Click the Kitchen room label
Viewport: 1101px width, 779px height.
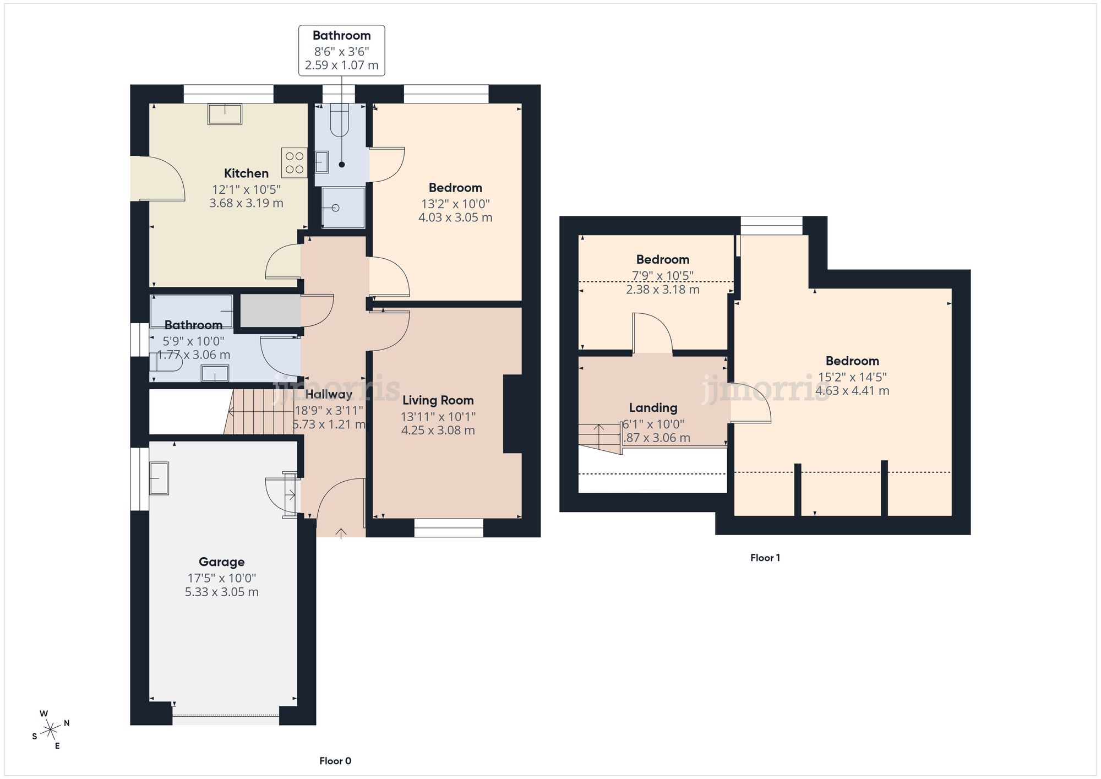point(246,173)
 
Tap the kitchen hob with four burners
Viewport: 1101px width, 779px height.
point(295,163)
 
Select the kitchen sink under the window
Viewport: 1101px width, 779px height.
point(225,114)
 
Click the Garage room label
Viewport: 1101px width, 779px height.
point(221,562)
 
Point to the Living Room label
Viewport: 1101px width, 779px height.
point(438,400)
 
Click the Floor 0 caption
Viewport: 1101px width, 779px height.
point(335,761)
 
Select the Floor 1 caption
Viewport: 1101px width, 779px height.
point(765,558)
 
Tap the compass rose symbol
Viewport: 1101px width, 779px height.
point(51,730)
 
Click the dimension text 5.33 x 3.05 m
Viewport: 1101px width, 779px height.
point(221,592)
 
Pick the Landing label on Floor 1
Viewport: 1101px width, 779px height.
point(653,408)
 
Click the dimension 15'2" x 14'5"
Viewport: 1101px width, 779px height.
point(852,377)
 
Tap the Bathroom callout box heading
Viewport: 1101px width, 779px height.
point(341,36)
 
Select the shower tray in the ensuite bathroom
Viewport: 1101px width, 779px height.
point(343,208)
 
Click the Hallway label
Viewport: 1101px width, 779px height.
point(329,394)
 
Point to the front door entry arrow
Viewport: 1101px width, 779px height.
point(341,532)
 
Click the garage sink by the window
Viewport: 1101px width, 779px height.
point(159,478)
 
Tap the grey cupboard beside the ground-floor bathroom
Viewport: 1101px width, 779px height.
point(270,310)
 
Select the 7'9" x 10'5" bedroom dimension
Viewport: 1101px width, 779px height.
point(662,275)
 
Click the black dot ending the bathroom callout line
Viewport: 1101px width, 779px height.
point(342,165)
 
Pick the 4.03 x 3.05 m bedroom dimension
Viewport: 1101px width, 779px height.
point(455,217)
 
